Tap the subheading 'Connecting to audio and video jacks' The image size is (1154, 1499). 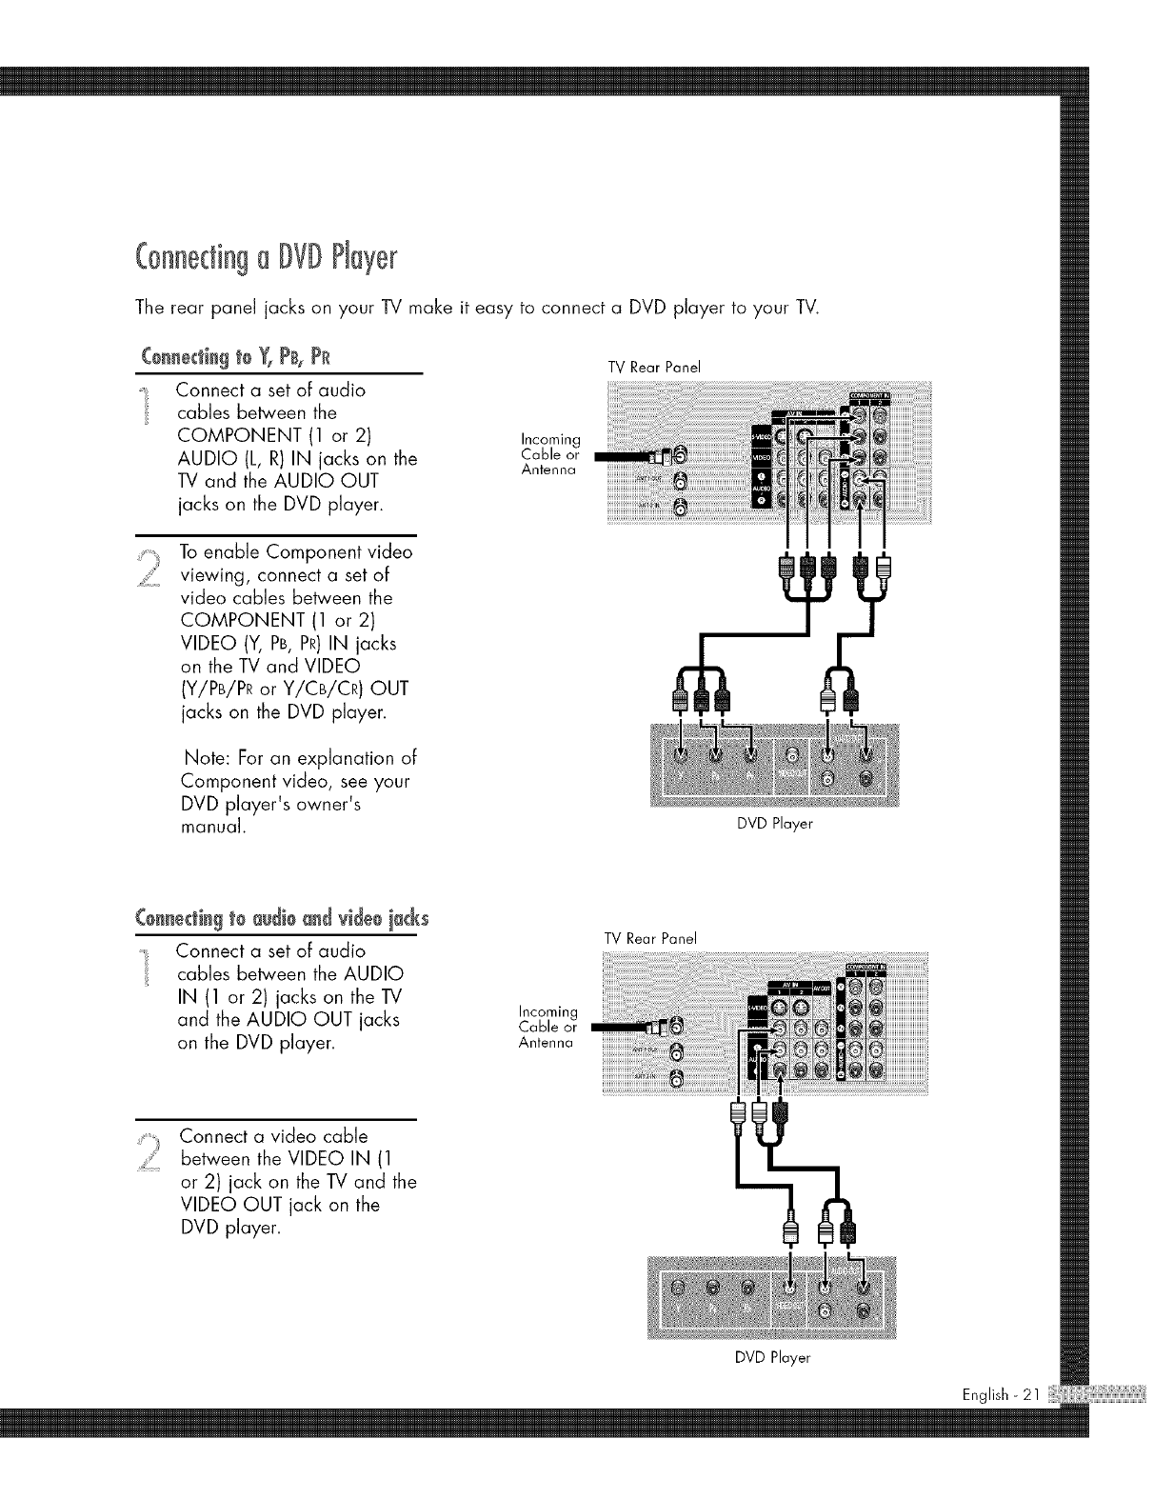click(283, 919)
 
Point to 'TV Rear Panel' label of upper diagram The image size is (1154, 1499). click(654, 366)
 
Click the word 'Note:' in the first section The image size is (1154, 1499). click(204, 759)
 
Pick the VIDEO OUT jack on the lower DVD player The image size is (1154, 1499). click(788, 1291)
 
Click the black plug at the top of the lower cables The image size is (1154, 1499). click(781, 1113)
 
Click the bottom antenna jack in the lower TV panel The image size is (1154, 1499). click(677, 1077)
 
